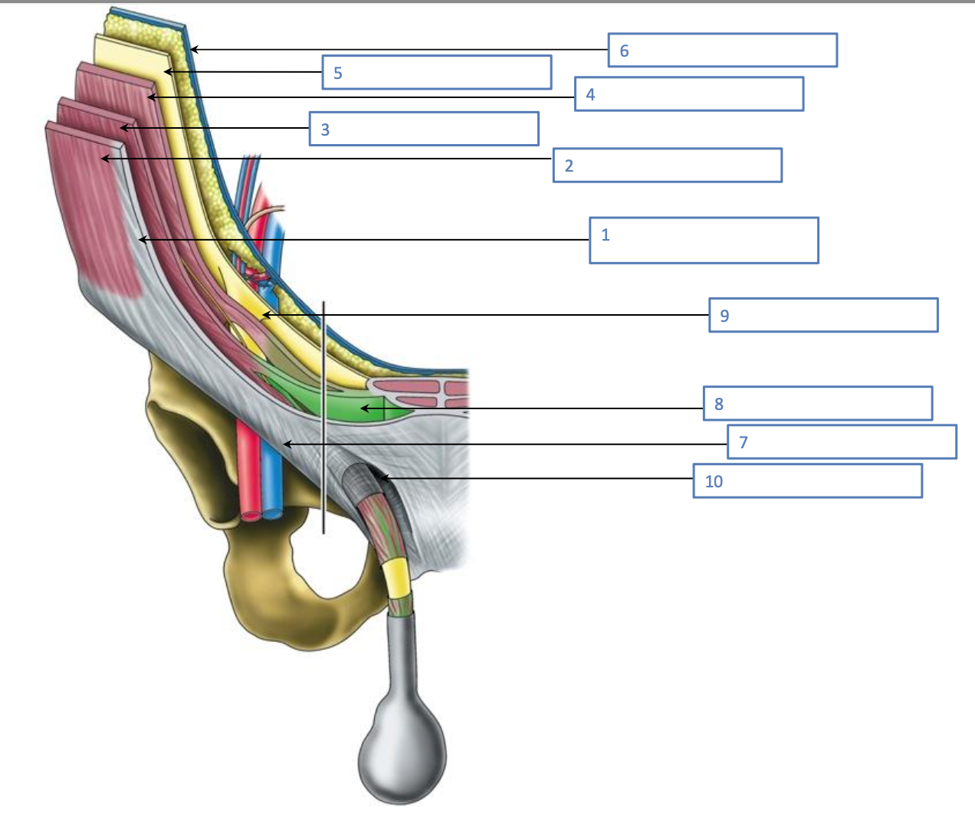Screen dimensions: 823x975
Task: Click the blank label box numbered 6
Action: tap(722, 50)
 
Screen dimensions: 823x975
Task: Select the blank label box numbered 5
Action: tap(436, 72)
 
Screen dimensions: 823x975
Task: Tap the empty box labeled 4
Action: tap(688, 93)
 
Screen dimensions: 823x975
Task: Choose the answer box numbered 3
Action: tap(424, 129)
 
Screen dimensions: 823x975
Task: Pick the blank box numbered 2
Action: tap(667, 165)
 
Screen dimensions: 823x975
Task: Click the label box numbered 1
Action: tap(704, 240)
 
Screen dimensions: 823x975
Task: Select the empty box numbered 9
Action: tap(823, 315)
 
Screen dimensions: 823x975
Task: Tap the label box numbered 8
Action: tap(818, 403)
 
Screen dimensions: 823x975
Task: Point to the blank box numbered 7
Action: tap(842, 441)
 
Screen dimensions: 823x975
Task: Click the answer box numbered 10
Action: tap(807, 480)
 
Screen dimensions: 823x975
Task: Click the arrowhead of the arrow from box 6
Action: tap(192, 50)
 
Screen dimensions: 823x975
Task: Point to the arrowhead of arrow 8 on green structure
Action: tap(363, 408)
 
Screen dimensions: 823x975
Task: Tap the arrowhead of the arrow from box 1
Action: tap(141, 240)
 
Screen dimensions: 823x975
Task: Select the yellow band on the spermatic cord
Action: tap(396, 578)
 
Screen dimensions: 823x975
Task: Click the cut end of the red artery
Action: tap(250, 515)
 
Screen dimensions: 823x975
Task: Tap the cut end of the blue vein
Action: tap(271, 515)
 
